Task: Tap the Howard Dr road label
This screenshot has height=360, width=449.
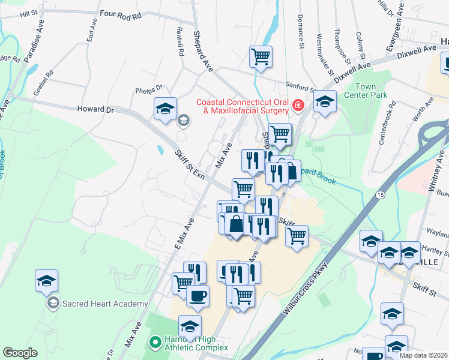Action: (95, 110)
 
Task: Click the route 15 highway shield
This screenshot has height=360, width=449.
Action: (380, 196)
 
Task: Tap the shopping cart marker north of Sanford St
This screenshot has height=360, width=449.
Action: (261, 57)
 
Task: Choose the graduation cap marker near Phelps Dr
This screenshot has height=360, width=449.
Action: (165, 108)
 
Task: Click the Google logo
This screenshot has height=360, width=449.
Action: (20, 353)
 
